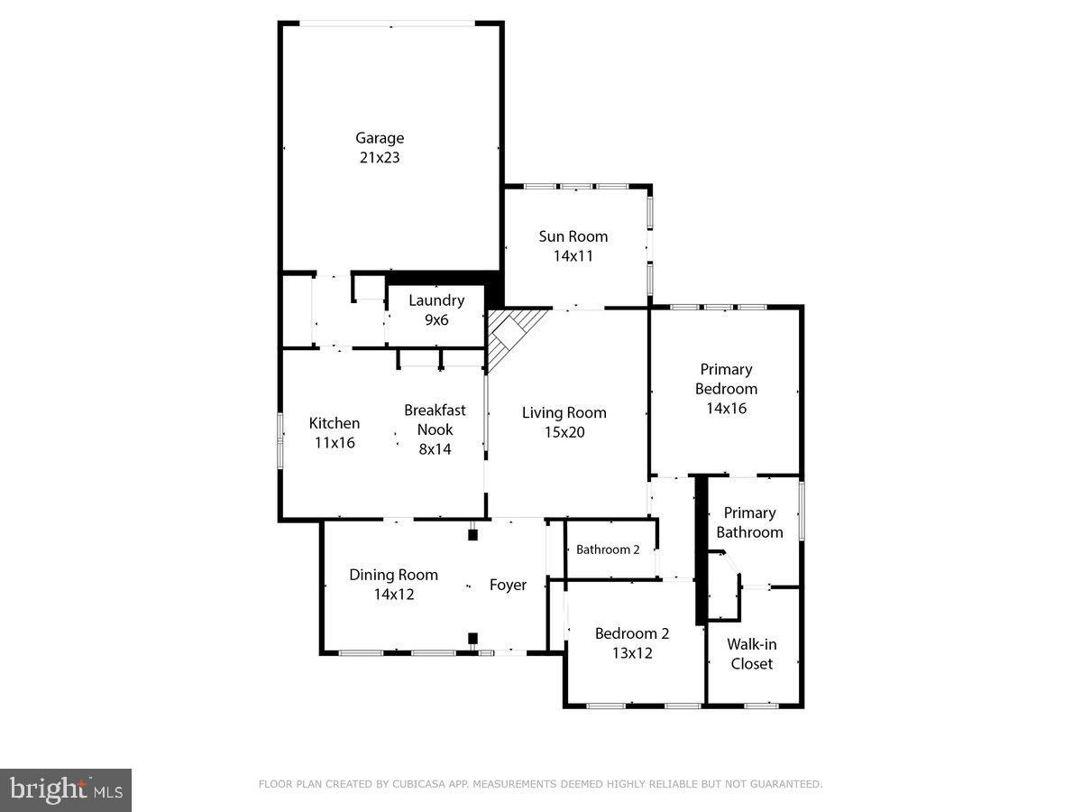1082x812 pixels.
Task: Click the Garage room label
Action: (x=379, y=138)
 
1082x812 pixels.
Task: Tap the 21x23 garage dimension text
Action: (x=379, y=157)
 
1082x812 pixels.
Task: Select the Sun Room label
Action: (x=573, y=236)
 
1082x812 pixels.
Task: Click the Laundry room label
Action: (x=436, y=300)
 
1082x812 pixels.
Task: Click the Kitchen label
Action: (x=335, y=423)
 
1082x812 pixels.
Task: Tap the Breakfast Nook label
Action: (x=435, y=420)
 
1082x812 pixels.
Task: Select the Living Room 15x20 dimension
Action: (x=564, y=432)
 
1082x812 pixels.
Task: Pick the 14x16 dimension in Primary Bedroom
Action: (x=726, y=408)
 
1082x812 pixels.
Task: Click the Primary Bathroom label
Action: (x=749, y=522)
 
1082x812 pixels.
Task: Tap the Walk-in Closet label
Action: (x=752, y=654)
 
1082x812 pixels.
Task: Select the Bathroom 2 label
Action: (x=608, y=549)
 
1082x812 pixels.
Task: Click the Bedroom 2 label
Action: (x=631, y=633)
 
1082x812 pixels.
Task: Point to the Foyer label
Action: (x=508, y=585)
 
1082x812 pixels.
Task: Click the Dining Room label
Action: (x=393, y=575)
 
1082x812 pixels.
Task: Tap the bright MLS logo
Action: (x=66, y=790)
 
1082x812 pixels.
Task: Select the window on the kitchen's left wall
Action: (x=280, y=440)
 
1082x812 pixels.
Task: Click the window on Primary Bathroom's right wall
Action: (x=802, y=512)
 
